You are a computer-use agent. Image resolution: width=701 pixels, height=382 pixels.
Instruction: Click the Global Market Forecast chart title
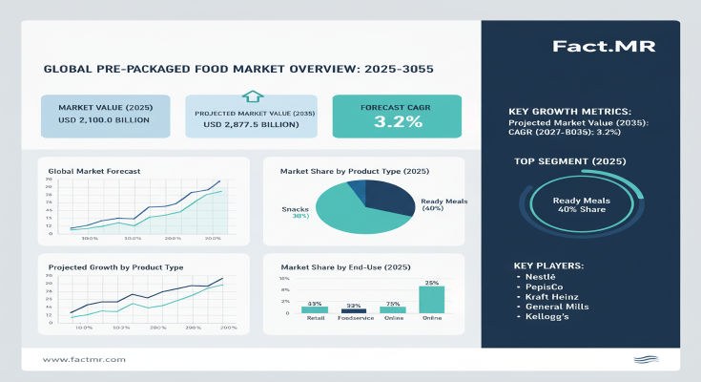pyautogui.click(x=93, y=171)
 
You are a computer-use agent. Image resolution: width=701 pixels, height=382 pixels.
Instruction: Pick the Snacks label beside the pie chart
pyautogui.click(x=295, y=207)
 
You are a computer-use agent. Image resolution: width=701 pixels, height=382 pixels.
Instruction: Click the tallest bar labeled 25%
pyautogui.click(x=431, y=299)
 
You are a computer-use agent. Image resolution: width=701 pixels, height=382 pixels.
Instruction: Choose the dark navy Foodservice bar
pyautogui.click(x=354, y=310)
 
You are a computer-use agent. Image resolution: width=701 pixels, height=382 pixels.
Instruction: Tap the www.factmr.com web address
pyautogui.click(x=85, y=359)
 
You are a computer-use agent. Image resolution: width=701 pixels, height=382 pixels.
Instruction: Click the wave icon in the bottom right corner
pyautogui.click(x=646, y=359)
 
